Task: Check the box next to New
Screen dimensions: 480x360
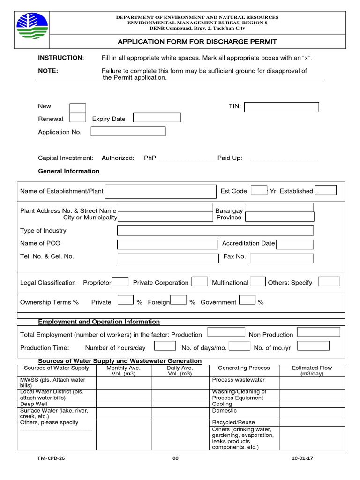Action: [78, 108]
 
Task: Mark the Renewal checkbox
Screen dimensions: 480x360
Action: [78, 118]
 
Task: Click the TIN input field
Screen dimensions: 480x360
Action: [281, 107]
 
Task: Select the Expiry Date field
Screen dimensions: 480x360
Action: [157, 118]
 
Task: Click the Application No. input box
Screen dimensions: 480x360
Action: [128, 131]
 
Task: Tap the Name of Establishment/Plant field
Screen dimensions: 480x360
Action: [160, 191]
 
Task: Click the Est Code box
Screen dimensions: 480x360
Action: [259, 190]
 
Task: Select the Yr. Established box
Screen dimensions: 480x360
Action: [325, 190]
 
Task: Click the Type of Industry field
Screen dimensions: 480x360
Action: [215, 230]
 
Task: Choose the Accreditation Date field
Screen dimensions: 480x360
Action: [295, 244]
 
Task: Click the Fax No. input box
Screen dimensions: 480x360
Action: [282, 258]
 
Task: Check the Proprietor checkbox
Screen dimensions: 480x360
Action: [120, 282]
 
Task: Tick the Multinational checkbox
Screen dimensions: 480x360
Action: [258, 282]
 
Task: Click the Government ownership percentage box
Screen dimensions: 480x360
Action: [247, 300]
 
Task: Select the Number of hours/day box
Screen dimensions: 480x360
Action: [165, 346]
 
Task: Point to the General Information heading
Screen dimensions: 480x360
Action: [68, 171]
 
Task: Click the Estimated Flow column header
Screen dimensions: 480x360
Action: [312, 371]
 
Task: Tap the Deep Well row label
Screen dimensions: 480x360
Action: [34, 404]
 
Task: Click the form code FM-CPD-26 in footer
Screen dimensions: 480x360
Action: [52, 458]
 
